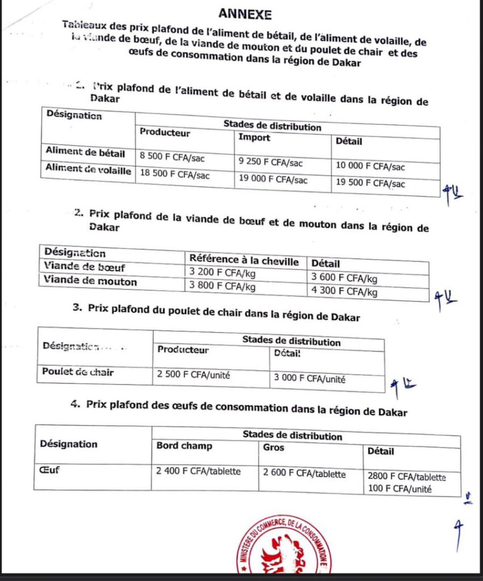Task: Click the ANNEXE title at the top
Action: (x=245, y=14)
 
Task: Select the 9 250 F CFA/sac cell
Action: (x=271, y=162)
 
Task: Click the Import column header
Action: (x=254, y=137)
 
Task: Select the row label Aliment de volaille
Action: (x=88, y=170)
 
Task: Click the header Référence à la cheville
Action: (x=244, y=260)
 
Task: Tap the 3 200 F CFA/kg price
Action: (x=222, y=273)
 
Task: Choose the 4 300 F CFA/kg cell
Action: (x=344, y=292)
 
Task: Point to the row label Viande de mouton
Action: (x=90, y=281)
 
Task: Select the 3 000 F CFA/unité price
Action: (x=310, y=379)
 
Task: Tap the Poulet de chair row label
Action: (x=78, y=372)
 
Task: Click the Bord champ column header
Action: (x=184, y=446)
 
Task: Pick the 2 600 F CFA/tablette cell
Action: (x=304, y=474)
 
